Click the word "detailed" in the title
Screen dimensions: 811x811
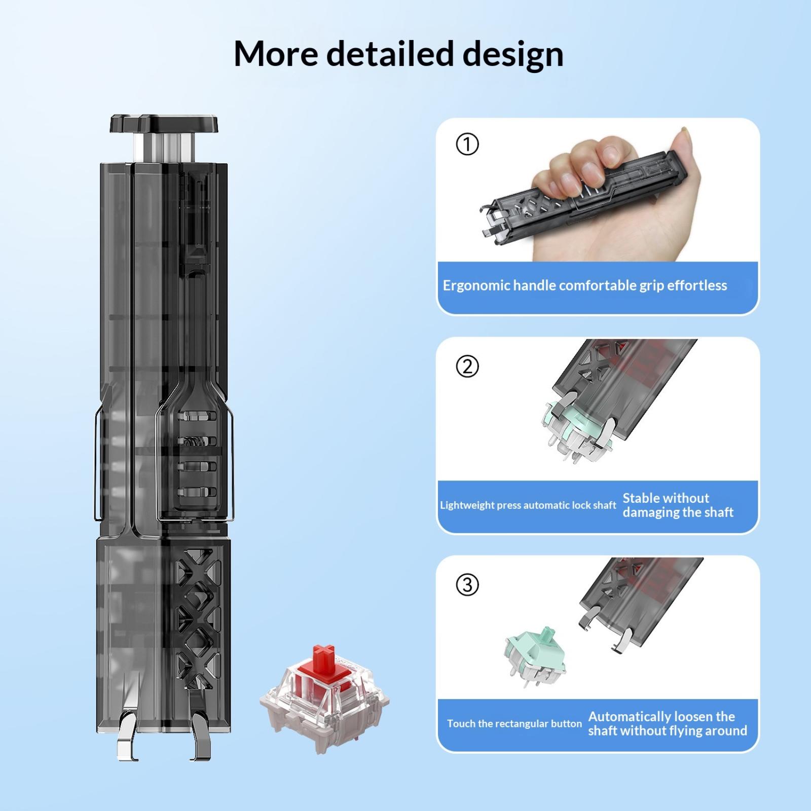pos(389,54)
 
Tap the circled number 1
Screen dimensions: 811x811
pos(467,144)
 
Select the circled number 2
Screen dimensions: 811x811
pos(467,366)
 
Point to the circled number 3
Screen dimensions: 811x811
pos(467,585)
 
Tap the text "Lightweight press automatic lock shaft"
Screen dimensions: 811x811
pos(528,505)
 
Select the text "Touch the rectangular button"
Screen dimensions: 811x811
pos(514,724)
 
